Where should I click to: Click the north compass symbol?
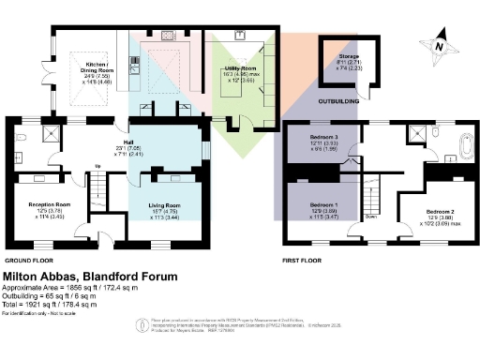coord(439,44)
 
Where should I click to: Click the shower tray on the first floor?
coord(415,135)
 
